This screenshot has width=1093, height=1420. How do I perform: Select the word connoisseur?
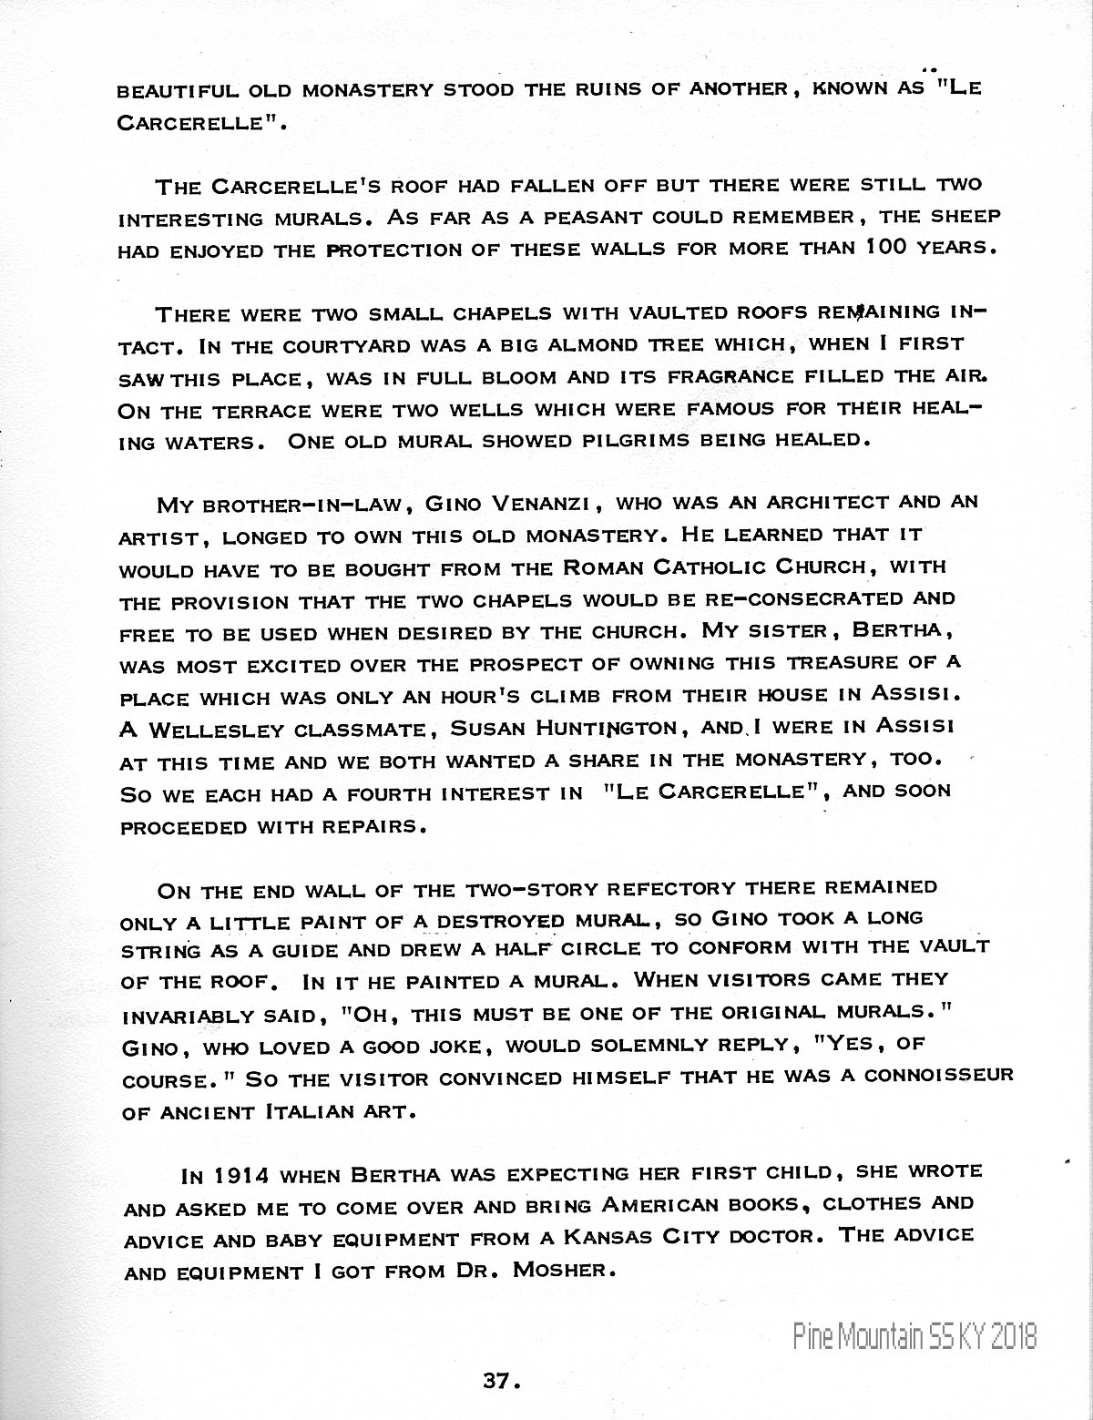click(938, 1075)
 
